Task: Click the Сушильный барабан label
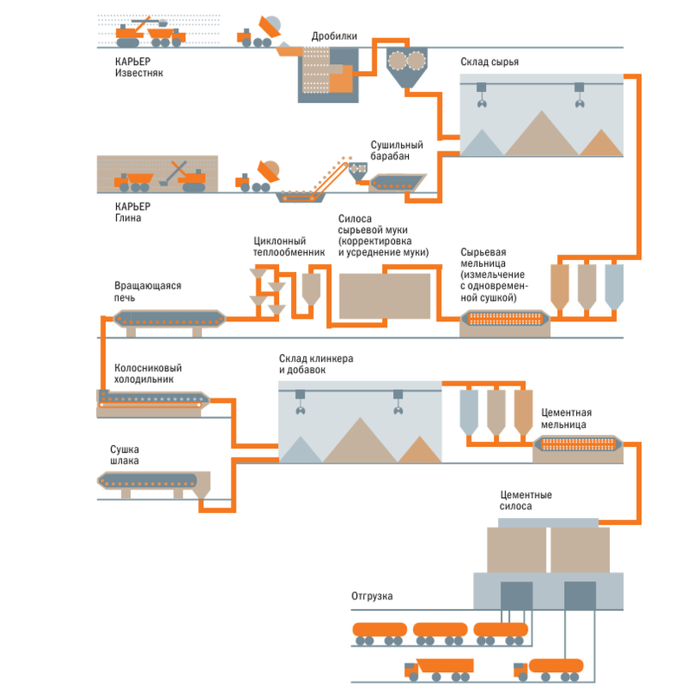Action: [x=397, y=151]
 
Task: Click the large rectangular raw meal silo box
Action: [x=385, y=295]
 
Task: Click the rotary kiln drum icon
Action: [x=170, y=320]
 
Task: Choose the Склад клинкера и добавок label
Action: [x=315, y=365]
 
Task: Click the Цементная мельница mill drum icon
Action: [x=579, y=445]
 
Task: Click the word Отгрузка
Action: [x=372, y=597]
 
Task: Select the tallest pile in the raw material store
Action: [x=542, y=134]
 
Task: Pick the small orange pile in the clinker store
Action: [x=419, y=450]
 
